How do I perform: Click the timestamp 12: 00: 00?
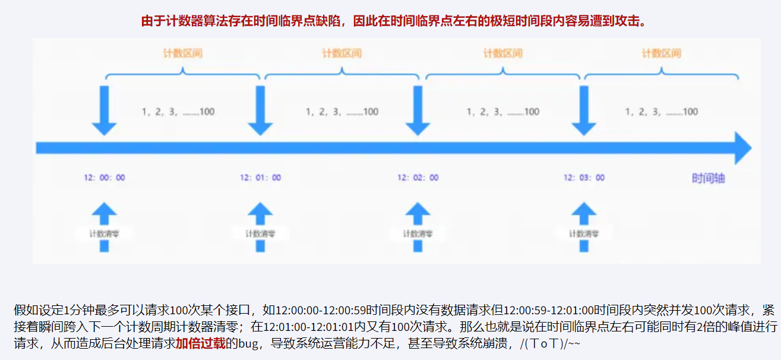(x=105, y=178)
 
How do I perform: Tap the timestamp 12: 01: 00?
(x=261, y=178)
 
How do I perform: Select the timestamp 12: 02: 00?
(x=418, y=178)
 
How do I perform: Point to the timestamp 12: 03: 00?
(x=584, y=178)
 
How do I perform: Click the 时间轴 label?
(x=708, y=178)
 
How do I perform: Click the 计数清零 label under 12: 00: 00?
(x=103, y=233)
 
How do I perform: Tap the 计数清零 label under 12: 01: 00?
(x=260, y=233)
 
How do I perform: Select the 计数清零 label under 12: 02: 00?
(x=418, y=233)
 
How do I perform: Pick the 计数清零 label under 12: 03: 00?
(x=584, y=233)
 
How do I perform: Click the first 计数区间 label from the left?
(x=183, y=53)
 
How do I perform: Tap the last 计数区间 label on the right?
(x=661, y=53)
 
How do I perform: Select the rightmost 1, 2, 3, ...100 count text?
(x=661, y=112)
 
